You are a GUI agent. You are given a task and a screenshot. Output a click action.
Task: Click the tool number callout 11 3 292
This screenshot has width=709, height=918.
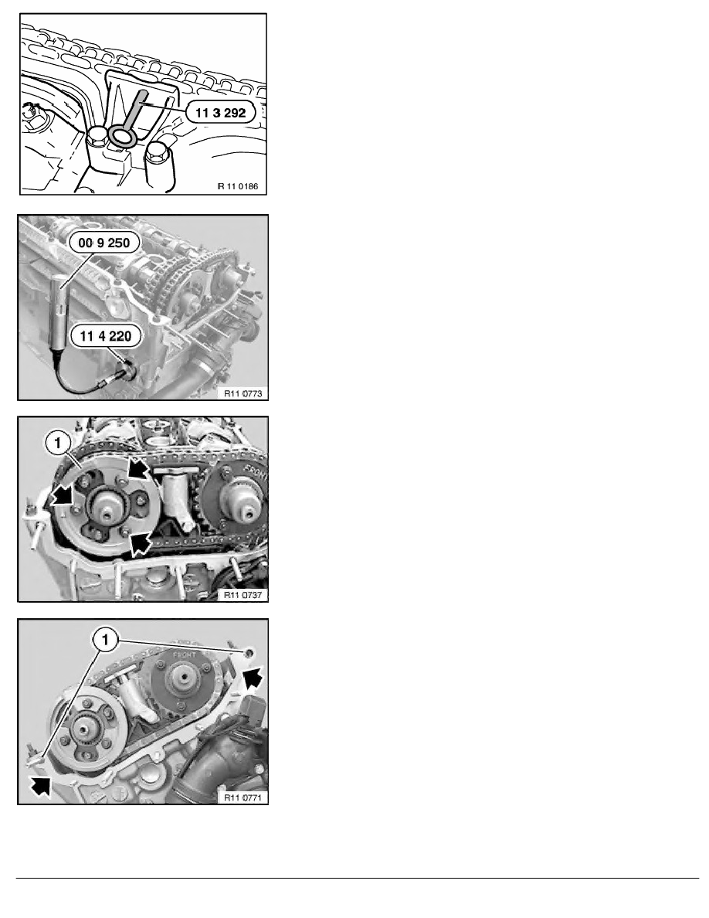[221, 112]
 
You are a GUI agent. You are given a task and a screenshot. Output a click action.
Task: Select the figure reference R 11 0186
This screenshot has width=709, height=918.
[238, 186]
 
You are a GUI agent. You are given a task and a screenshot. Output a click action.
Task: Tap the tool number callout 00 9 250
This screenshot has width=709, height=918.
[104, 243]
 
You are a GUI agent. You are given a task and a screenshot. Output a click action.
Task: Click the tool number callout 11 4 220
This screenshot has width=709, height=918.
[105, 335]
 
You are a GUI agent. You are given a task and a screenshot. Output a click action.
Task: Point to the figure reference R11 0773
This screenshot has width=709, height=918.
[243, 393]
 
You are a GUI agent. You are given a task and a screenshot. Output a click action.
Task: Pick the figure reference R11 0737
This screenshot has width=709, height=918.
[243, 595]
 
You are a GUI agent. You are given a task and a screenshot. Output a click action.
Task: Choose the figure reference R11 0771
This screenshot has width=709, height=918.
[243, 797]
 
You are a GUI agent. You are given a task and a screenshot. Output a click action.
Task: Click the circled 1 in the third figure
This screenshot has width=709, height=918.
[57, 444]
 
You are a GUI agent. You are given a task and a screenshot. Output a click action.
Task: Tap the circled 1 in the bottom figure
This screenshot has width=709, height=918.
[105, 639]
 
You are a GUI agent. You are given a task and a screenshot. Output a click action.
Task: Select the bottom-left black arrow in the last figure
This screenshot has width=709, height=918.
[40, 787]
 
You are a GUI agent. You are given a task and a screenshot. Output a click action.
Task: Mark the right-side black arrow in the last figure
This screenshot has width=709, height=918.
[253, 679]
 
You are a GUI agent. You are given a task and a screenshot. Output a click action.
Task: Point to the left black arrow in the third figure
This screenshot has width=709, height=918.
[63, 497]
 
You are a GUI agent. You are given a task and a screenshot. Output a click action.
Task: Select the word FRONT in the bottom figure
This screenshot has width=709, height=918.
[185, 654]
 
